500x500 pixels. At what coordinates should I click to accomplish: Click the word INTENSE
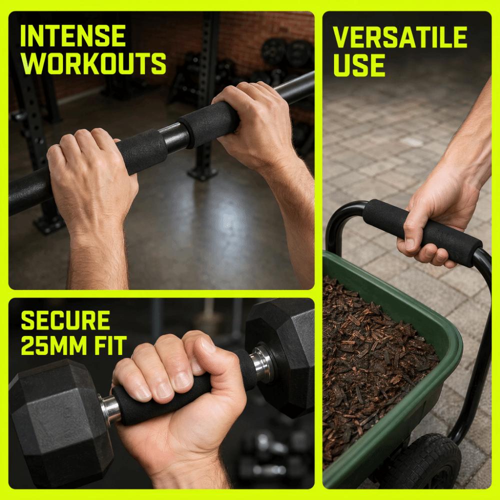click(73, 35)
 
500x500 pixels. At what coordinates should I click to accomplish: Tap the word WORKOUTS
click(93, 63)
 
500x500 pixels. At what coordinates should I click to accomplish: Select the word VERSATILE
click(400, 37)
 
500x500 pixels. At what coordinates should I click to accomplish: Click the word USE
click(359, 65)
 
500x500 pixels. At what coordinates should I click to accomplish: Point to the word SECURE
click(65, 320)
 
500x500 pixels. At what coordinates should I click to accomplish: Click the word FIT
click(106, 345)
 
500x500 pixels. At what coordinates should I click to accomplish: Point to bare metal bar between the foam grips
click(174, 137)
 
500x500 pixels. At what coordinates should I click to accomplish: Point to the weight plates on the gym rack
click(287, 52)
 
